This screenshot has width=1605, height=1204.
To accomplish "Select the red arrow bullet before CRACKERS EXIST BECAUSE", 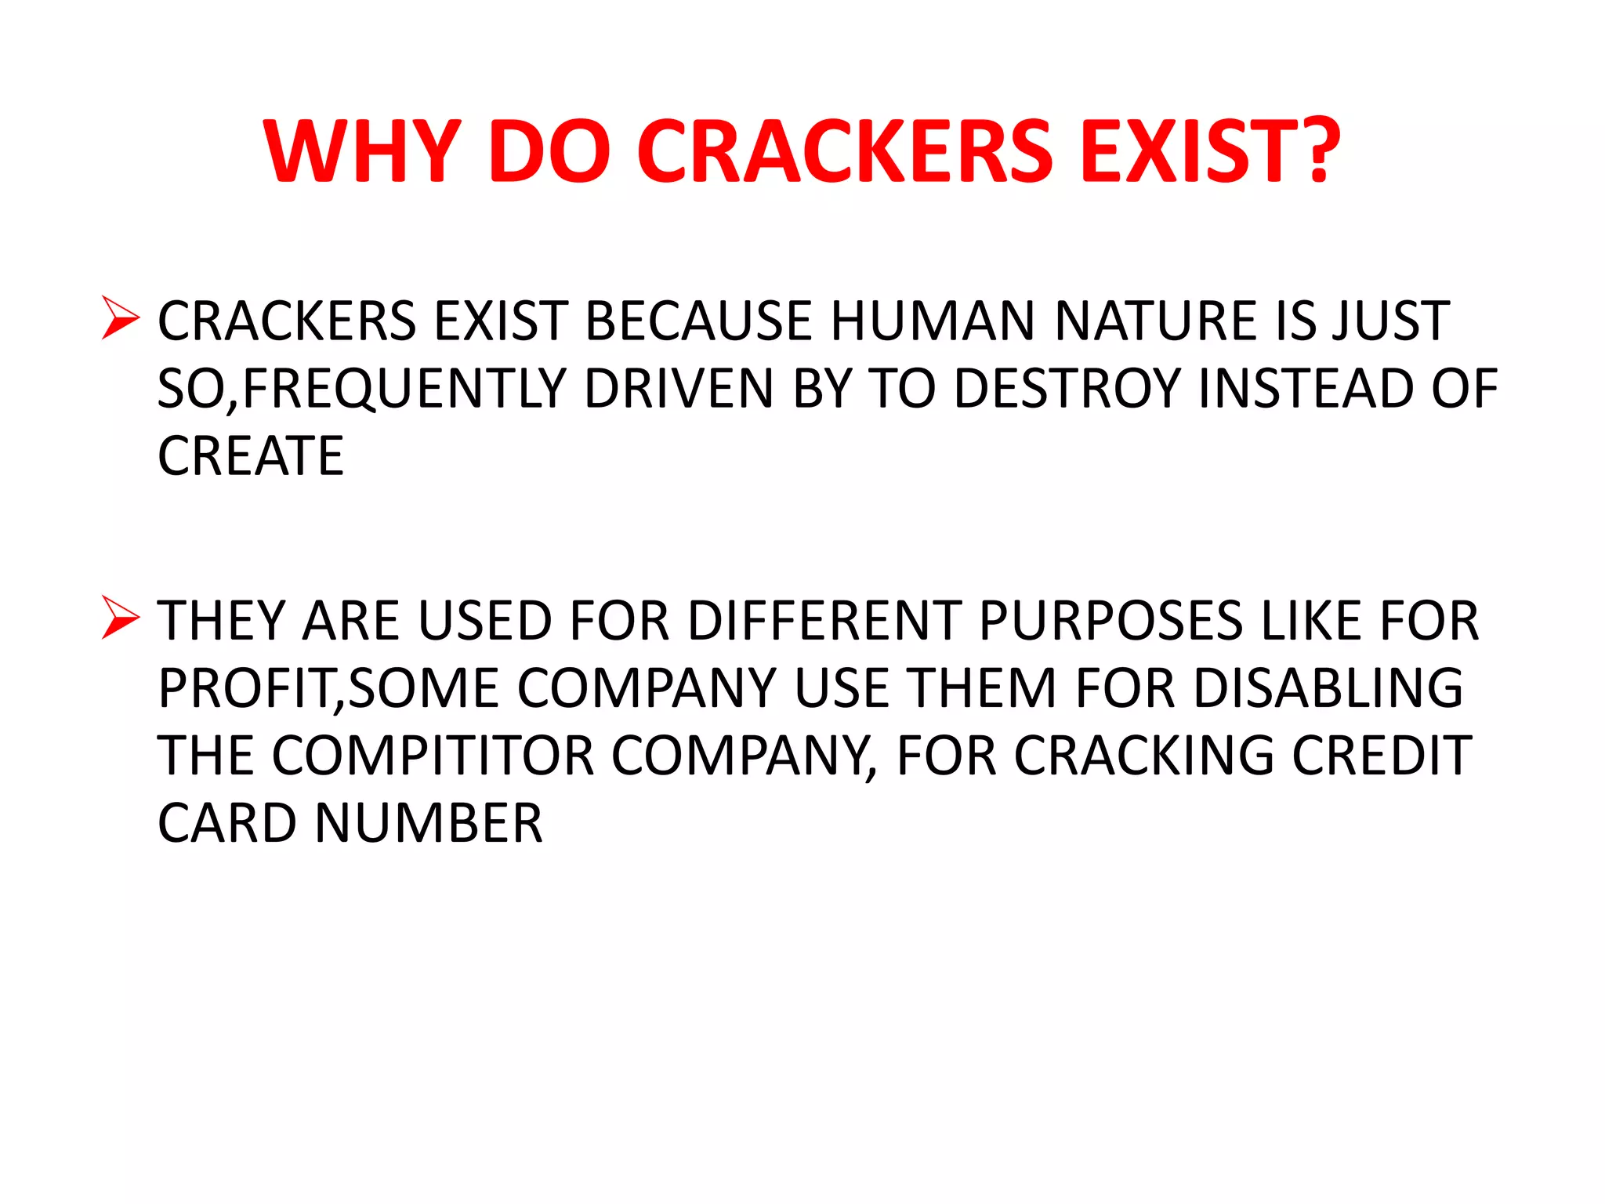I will (120, 318).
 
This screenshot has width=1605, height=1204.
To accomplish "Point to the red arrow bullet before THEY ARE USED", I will (120, 618).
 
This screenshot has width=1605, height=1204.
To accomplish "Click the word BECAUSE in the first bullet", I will (697, 321).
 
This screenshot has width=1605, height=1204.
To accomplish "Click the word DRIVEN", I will (679, 389).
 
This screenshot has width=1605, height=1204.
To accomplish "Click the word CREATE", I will (251, 456).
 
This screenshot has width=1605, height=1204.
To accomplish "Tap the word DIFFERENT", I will (824, 621).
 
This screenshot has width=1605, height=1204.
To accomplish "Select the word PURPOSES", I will (1110, 621).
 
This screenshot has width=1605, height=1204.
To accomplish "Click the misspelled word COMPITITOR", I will (433, 756).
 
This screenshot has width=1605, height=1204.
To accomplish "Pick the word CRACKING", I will (1144, 756).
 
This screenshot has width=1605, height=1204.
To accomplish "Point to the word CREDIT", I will (1382, 756).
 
